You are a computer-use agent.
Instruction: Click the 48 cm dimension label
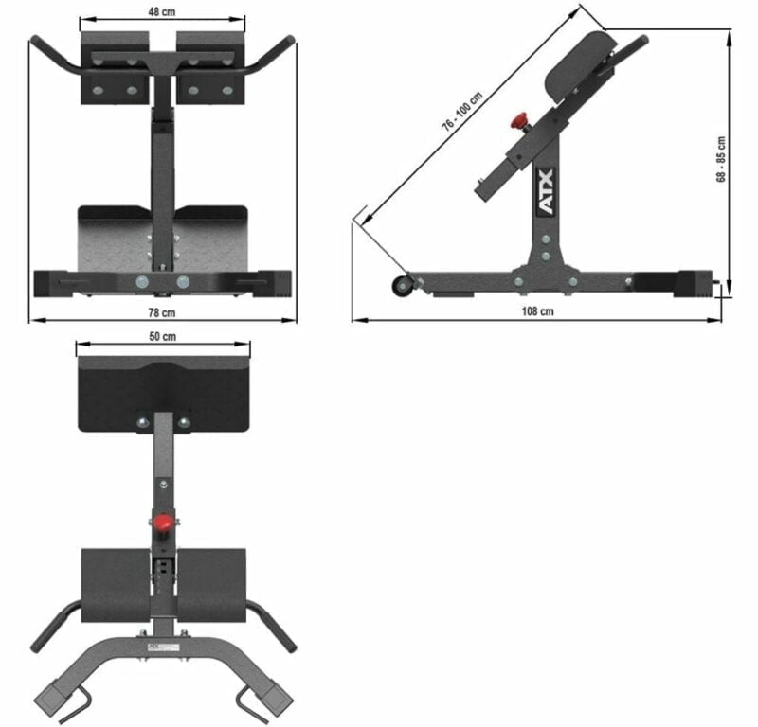pos(161,10)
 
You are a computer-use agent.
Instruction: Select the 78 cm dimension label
pos(162,311)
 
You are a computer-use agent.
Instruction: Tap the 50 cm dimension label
pos(162,336)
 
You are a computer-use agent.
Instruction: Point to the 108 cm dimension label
pos(539,311)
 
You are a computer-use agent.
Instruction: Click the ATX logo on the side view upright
pos(548,204)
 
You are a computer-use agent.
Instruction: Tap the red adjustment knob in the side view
pos(519,122)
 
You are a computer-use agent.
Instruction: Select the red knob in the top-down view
pos(166,523)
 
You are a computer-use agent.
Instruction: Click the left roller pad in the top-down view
pos(116,582)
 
